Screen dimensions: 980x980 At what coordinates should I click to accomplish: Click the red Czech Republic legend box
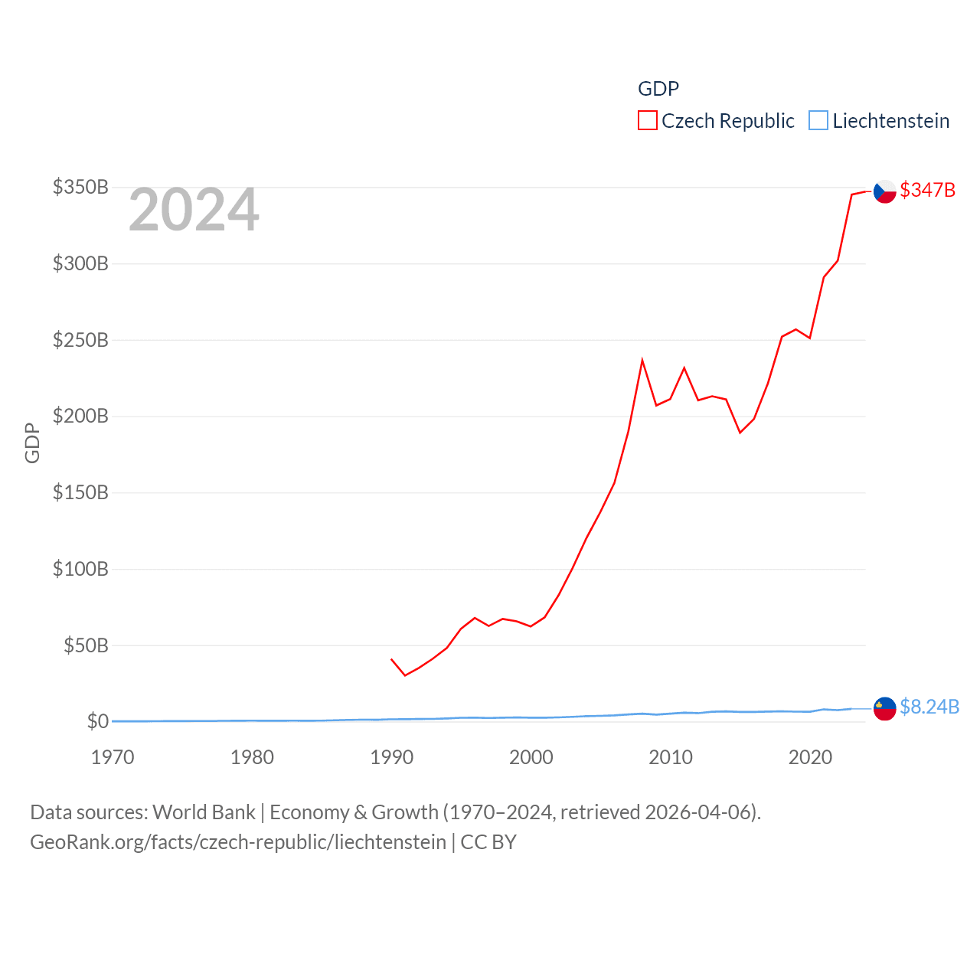point(648,121)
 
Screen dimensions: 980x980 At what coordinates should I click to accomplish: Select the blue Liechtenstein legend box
point(818,121)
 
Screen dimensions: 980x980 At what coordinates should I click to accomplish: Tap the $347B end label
point(927,190)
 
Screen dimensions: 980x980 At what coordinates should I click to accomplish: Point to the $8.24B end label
point(929,707)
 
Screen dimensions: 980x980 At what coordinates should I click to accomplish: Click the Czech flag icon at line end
point(885,191)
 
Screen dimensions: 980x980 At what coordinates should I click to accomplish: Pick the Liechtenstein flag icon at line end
point(885,708)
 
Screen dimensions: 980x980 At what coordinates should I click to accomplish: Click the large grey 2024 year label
point(194,211)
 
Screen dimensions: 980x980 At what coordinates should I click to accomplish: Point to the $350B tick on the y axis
point(80,188)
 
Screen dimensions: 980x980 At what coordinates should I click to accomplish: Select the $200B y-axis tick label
point(80,416)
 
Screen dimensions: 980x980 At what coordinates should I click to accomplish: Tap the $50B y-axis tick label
point(86,645)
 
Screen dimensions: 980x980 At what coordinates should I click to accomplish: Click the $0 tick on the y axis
point(97,721)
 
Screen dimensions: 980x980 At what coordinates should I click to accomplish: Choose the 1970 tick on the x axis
point(113,757)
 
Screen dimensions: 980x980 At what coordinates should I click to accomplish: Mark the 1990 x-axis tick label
point(391,757)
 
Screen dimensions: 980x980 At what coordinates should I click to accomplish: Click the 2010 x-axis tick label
point(671,757)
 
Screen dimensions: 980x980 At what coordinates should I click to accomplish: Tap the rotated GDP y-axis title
point(32,443)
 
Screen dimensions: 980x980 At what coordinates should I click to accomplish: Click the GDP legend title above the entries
point(658,89)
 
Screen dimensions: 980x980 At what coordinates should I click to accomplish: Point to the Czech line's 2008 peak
point(642,360)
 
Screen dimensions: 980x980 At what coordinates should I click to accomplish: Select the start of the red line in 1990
point(391,658)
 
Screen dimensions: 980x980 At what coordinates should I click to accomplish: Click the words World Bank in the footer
point(204,812)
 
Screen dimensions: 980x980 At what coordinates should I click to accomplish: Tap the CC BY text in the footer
point(488,842)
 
